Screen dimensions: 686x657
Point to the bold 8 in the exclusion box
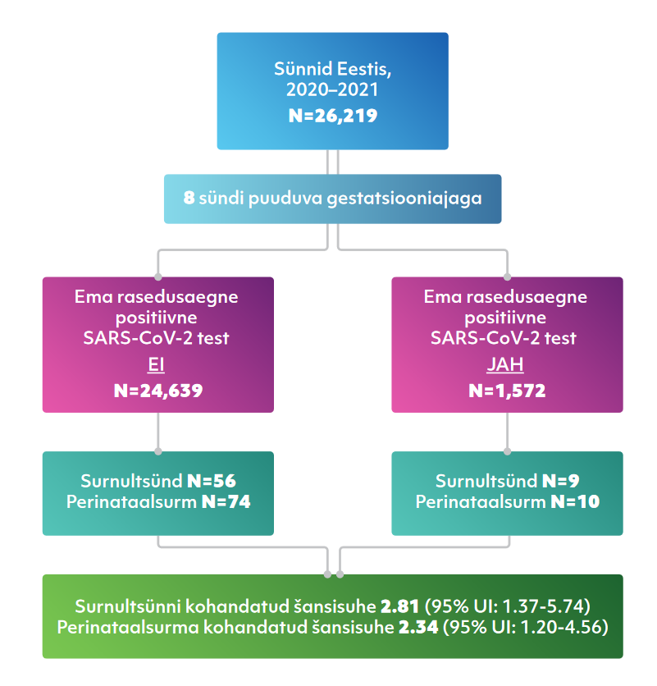(x=189, y=199)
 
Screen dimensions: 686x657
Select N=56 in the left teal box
(x=212, y=481)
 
